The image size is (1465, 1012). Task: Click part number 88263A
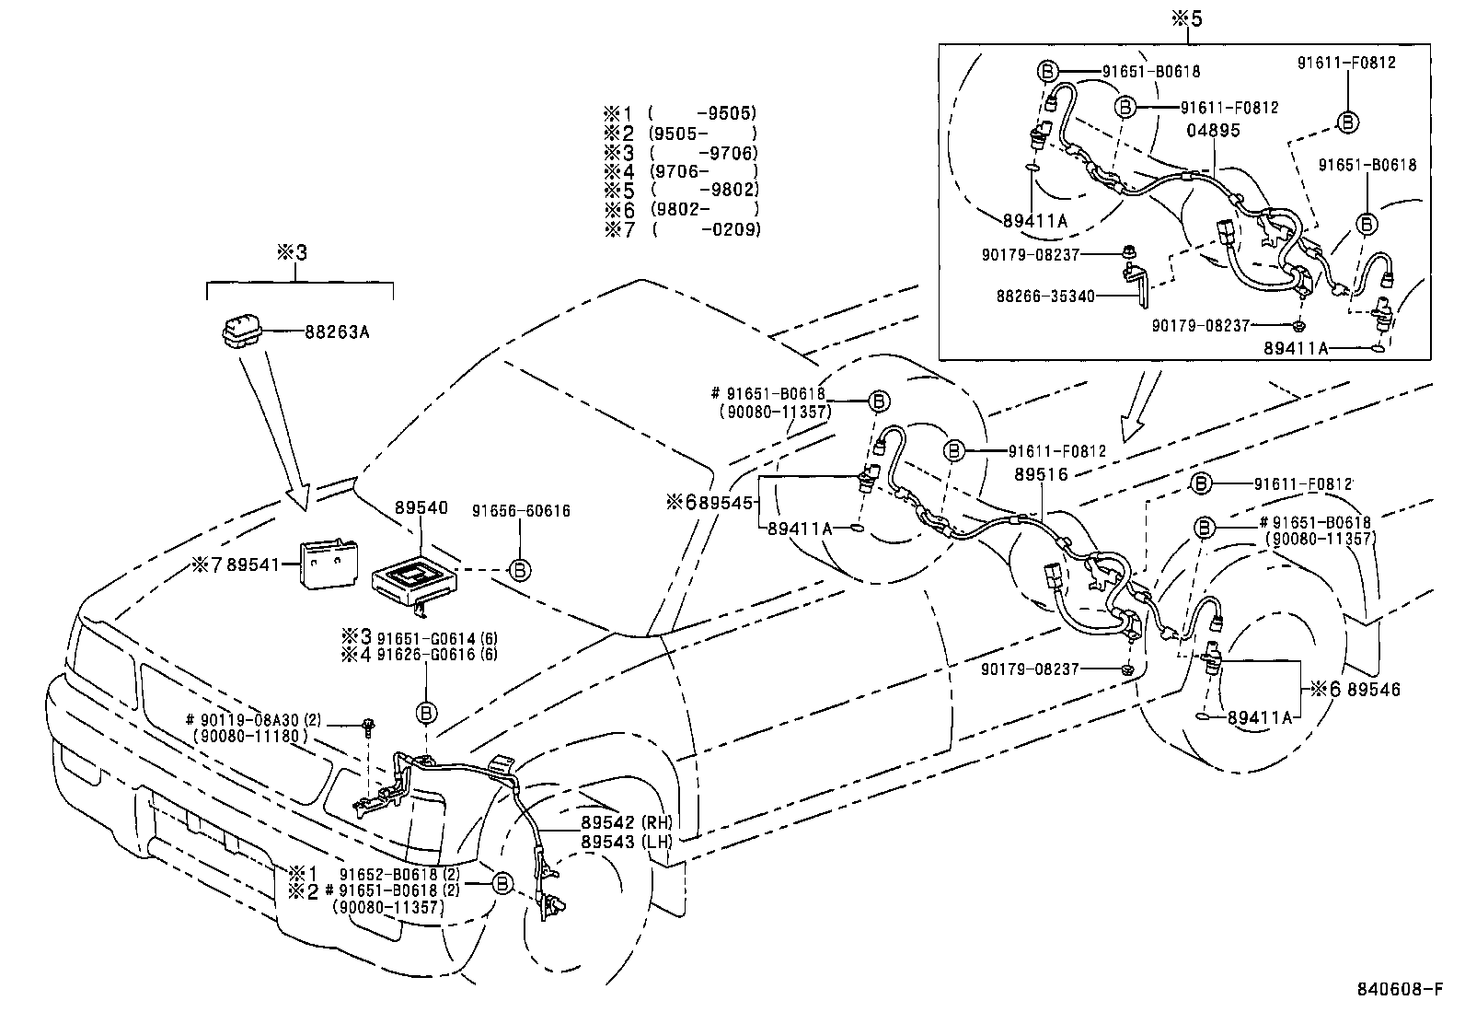pyautogui.click(x=337, y=332)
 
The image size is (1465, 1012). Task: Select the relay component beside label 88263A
pyautogui.click(x=242, y=332)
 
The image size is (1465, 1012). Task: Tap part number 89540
pyautogui.click(x=421, y=507)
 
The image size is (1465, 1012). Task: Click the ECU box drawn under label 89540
pyautogui.click(x=412, y=582)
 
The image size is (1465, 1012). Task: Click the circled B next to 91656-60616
pyautogui.click(x=520, y=571)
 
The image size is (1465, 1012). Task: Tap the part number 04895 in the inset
pyautogui.click(x=1213, y=131)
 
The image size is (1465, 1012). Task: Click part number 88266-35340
pyautogui.click(x=1045, y=297)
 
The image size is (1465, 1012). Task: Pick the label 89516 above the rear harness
pyautogui.click(x=1041, y=474)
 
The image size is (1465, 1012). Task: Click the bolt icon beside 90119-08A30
pyautogui.click(x=368, y=724)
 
